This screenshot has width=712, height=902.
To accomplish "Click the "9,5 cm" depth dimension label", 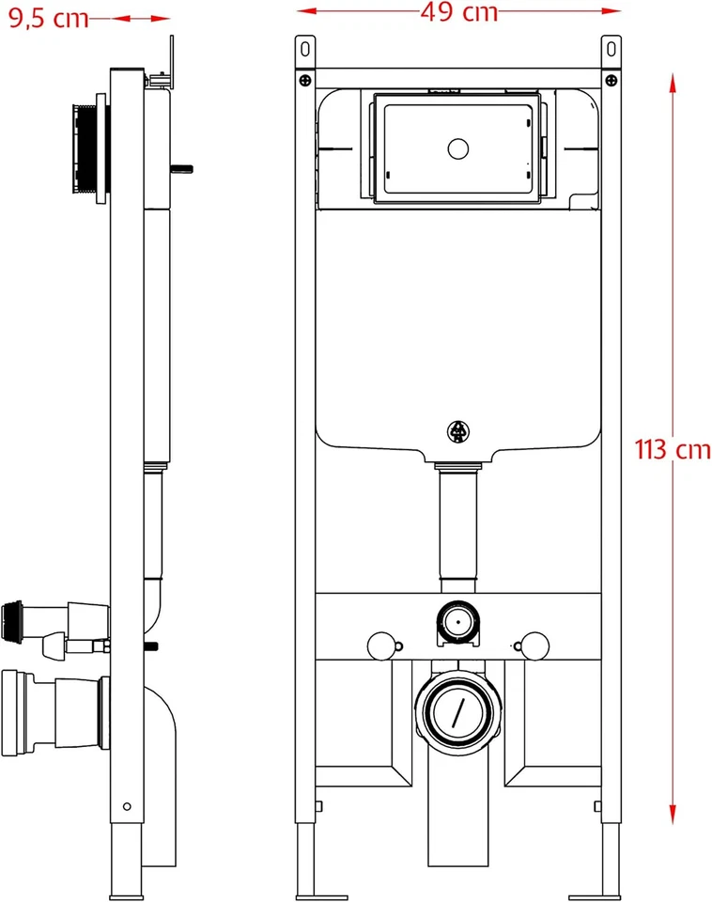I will click(49, 18).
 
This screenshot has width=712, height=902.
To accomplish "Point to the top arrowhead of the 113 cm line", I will click(673, 83).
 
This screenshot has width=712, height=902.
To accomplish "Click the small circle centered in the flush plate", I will click(458, 148).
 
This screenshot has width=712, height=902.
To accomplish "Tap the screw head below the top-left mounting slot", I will click(303, 81).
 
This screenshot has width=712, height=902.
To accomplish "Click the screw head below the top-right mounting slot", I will click(611, 81).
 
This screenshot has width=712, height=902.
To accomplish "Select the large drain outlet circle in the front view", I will click(457, 712).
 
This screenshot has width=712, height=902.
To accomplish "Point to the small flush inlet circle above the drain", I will click(457, 622).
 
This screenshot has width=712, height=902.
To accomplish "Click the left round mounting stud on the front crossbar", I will click(380, 645).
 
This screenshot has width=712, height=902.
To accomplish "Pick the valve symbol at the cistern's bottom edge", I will click(457, 431).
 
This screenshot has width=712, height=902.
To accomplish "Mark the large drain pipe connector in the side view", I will click(52, 711).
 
